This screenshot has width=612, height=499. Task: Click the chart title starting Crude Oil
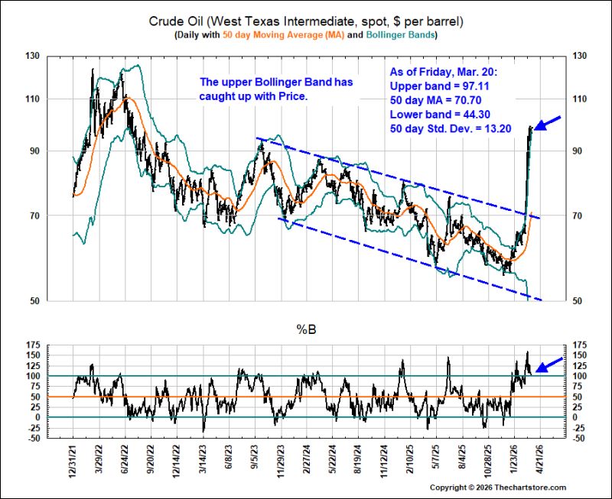coord(306,21)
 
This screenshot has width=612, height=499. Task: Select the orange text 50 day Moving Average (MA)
coord(284,34)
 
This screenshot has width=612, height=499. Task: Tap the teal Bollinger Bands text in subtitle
coord(400,34)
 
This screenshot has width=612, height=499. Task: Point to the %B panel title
coord(306,330)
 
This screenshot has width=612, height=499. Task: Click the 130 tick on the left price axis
coord(33,56)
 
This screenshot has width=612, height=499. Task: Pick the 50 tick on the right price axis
coord(577,300)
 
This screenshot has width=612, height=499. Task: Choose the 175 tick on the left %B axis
coord(33,345)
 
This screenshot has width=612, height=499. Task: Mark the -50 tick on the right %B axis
coord(579,438)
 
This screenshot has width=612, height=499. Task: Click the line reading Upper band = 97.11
coord(439,86)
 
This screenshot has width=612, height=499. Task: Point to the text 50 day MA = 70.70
coord(435,100)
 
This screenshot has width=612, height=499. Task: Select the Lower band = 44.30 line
coord(440,114)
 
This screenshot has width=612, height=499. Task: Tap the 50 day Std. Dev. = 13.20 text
coord(451,128)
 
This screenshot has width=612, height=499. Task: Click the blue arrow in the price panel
coord(547,123)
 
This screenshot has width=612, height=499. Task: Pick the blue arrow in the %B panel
coord(549,365)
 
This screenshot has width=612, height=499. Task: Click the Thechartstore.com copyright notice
coord(498,488)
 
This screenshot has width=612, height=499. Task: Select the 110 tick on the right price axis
coord(579,99)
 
